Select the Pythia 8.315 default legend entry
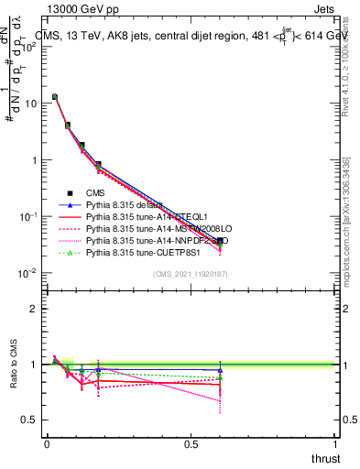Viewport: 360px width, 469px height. tap(124, 204)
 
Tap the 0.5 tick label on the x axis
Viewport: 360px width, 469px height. tap(191, 444)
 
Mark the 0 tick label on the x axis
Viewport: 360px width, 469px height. tap(47, 444)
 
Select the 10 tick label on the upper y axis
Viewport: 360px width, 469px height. tap(29, 104)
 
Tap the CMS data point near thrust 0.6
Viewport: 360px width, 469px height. tap(220, 241)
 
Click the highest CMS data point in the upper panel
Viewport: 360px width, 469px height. tap(55, 96)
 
